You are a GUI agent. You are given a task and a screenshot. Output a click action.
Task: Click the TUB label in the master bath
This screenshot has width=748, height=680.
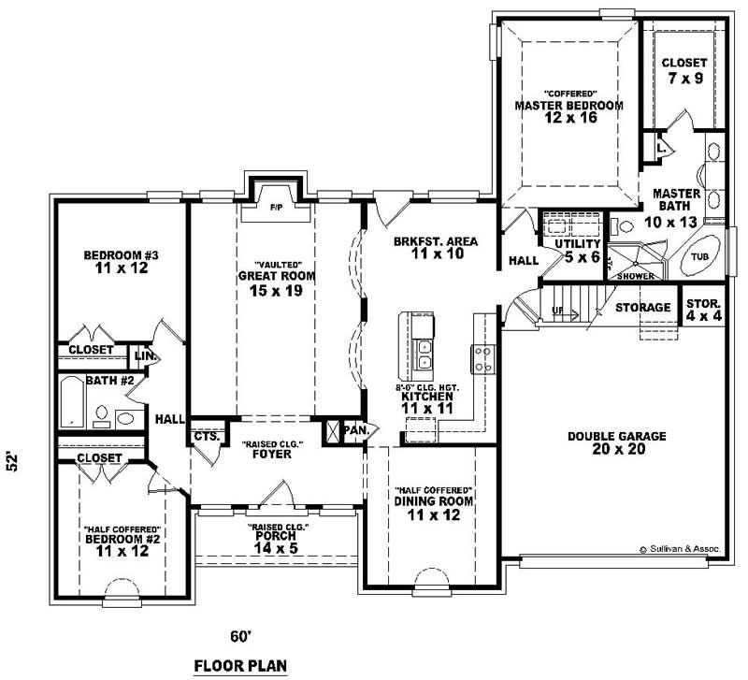coord(699,255)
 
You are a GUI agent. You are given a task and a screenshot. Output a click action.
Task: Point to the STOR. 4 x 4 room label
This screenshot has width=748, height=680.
coord(702,311)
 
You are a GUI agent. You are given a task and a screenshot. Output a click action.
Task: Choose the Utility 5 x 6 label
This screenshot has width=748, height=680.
coord(577,251)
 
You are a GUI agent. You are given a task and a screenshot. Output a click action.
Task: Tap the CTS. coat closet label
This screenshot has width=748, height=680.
coord(206,437)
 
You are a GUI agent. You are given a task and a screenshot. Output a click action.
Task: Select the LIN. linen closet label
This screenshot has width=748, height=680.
coord(145,356)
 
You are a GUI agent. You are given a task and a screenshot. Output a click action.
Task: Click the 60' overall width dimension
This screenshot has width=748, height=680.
coord(242,637)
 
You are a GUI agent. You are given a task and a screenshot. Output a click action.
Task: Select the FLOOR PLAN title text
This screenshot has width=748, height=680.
coord(241,666)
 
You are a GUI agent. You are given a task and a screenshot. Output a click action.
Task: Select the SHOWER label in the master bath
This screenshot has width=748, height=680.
coord(634,276)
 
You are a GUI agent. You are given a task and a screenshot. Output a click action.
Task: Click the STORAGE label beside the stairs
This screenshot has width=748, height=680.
coord(643,307)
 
